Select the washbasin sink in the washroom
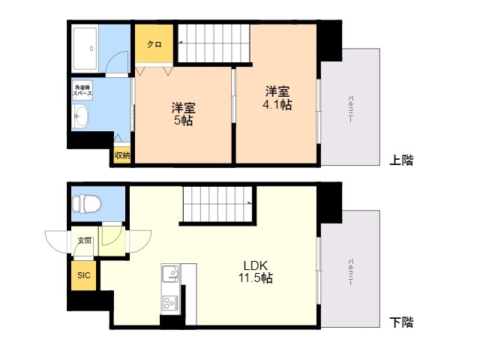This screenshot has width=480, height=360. [82, 117]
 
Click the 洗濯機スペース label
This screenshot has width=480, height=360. [83, 91]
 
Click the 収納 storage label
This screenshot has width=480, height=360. [122, 155]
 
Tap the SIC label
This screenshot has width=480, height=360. [83, 275]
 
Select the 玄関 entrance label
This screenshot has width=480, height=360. [84, 241]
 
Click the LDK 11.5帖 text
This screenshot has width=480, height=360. [256, 271]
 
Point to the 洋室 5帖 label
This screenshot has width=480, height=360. [183, 113]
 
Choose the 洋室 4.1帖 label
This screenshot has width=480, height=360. [277, 98]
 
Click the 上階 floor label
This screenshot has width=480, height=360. [401, 160]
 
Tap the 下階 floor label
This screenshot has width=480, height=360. [401, 323]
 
